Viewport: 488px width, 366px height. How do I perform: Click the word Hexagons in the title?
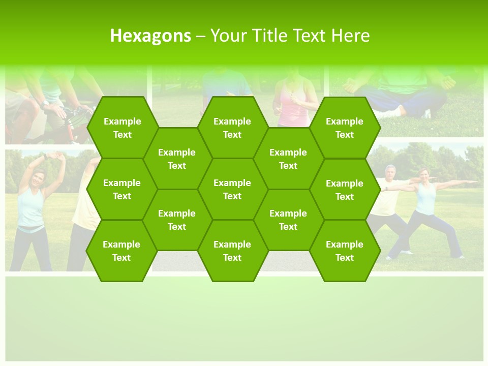point(150,36)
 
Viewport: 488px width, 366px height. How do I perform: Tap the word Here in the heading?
point(350,36)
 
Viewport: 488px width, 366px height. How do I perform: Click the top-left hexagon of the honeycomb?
point(122,128)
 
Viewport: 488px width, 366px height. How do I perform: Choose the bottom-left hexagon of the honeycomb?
point(121,251)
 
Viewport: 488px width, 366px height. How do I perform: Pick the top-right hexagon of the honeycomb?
point(345,128)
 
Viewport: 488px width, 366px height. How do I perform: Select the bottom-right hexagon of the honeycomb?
point(345,251)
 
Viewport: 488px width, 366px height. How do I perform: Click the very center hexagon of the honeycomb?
point(232,189)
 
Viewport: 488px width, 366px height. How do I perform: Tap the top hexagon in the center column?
point(232,128)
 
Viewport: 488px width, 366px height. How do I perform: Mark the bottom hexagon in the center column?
point(232,251)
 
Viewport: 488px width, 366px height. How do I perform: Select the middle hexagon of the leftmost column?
point(122,189)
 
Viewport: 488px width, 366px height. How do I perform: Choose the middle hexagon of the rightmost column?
point(345,190)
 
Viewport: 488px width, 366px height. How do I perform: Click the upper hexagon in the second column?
point(177,159)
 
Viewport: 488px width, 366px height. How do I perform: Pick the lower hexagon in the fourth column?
point(288,220)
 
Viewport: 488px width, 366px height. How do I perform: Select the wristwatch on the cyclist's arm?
point(45,103)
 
